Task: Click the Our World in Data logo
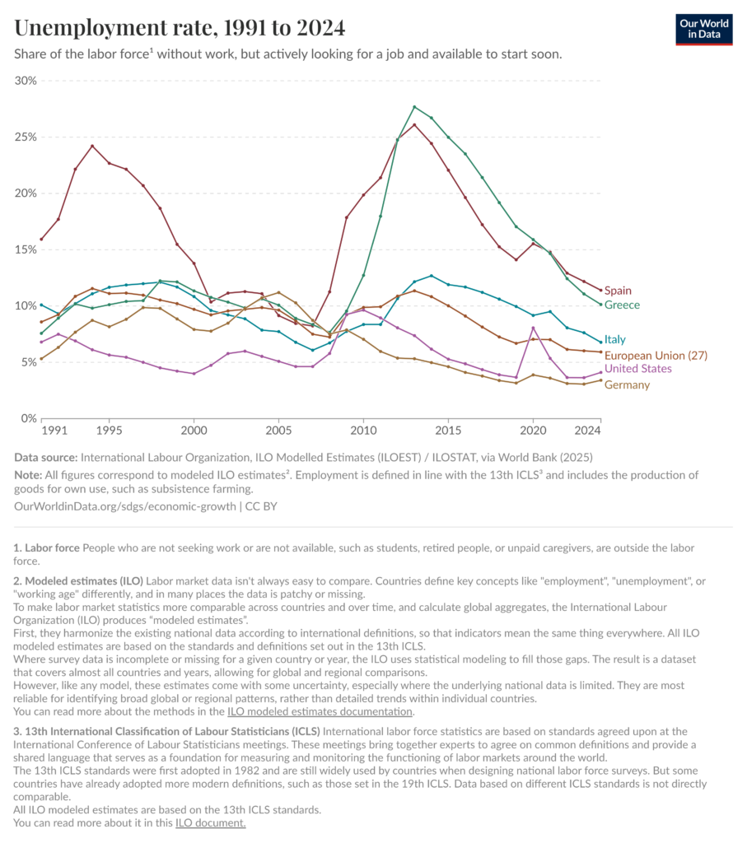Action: [704, 29]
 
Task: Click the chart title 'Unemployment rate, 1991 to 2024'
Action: [180, 28]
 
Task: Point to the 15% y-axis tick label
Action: [26, 249]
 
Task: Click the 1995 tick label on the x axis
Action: [109, 431]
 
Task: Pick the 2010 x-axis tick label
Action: [362, 431]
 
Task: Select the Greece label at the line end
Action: [622, 305]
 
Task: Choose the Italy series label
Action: [616, 339]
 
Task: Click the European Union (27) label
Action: [656, 355]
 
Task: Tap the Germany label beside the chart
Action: [627, 384]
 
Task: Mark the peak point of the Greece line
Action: [414, 106]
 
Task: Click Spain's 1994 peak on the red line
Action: [92, 146]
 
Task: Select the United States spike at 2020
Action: [533, 328]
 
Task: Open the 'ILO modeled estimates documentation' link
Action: [320, 711]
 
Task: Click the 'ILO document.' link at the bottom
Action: [210, 822]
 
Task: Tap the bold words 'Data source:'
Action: [45, 458]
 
